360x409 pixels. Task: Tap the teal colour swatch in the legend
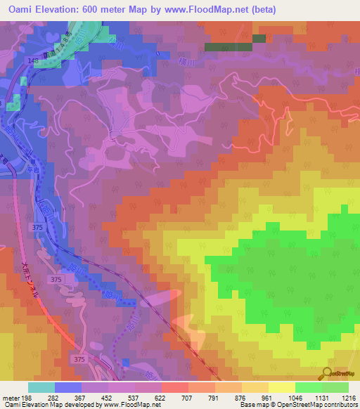tap(41, 387)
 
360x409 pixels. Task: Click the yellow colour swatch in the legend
tap(281, 387)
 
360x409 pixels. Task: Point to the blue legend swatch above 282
tap(68, 387)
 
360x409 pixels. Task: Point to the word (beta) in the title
tap(264, 10)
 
